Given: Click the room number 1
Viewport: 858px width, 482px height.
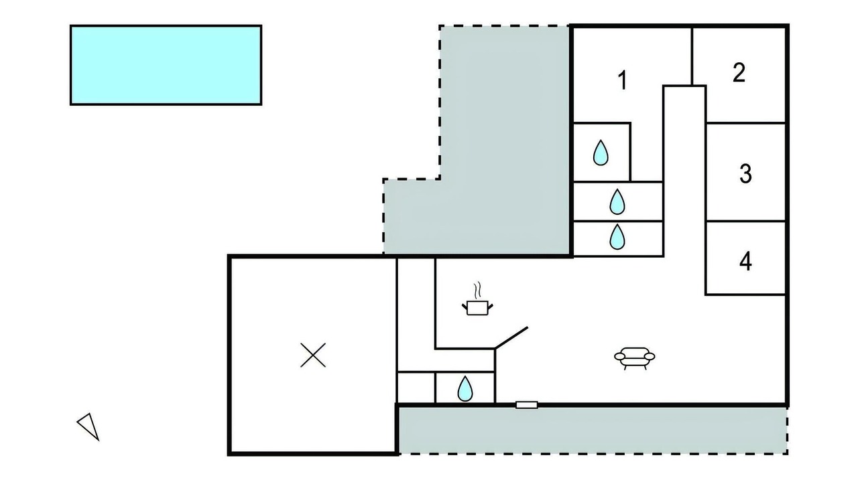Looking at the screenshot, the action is coord(623,80).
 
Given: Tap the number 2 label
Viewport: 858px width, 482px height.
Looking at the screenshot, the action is coord(739,72).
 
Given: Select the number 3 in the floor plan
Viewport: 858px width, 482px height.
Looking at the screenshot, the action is coord(745,173).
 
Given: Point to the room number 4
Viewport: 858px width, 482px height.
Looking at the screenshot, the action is coord(745,262).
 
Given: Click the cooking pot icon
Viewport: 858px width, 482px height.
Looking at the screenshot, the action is coord(477,308).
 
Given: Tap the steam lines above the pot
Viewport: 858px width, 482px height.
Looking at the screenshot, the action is coord(477,291).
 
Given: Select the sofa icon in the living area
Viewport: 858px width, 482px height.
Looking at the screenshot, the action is coord(635,358).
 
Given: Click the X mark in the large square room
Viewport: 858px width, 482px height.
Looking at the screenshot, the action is coord(313,355).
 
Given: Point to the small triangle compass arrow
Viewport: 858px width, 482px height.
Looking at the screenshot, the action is coord(89,426).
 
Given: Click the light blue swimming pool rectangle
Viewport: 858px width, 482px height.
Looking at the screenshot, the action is coord(166,65).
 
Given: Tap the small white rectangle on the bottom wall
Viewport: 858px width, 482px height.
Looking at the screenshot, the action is coord(527,405).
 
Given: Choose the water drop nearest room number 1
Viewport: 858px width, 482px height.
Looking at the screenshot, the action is coord(601,153).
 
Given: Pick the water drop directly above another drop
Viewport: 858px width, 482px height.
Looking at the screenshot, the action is coord(617,202).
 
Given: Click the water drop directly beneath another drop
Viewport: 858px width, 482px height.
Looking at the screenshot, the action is coord(617,237).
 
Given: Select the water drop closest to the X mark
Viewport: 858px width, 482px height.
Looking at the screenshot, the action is coord(465,389).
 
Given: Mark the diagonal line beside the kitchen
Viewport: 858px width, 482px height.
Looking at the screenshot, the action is coord(511,338).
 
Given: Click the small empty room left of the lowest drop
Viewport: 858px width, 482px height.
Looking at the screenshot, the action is coord(416,387).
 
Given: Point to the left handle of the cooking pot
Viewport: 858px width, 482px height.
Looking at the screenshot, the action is coord(465,305).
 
